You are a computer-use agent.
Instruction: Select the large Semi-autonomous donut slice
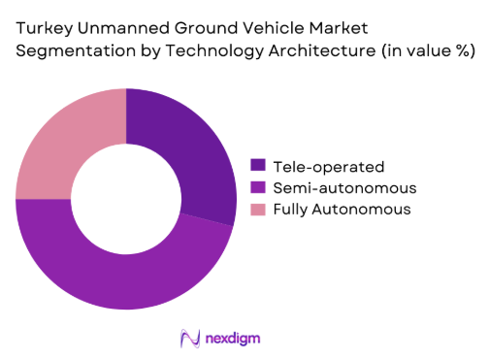[x=116, y=267]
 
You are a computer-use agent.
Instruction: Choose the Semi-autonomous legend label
[x=330, y=186]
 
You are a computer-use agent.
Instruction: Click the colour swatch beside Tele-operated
[x=258, y=165]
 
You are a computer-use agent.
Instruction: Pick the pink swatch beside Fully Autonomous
[x=258, y=209]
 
